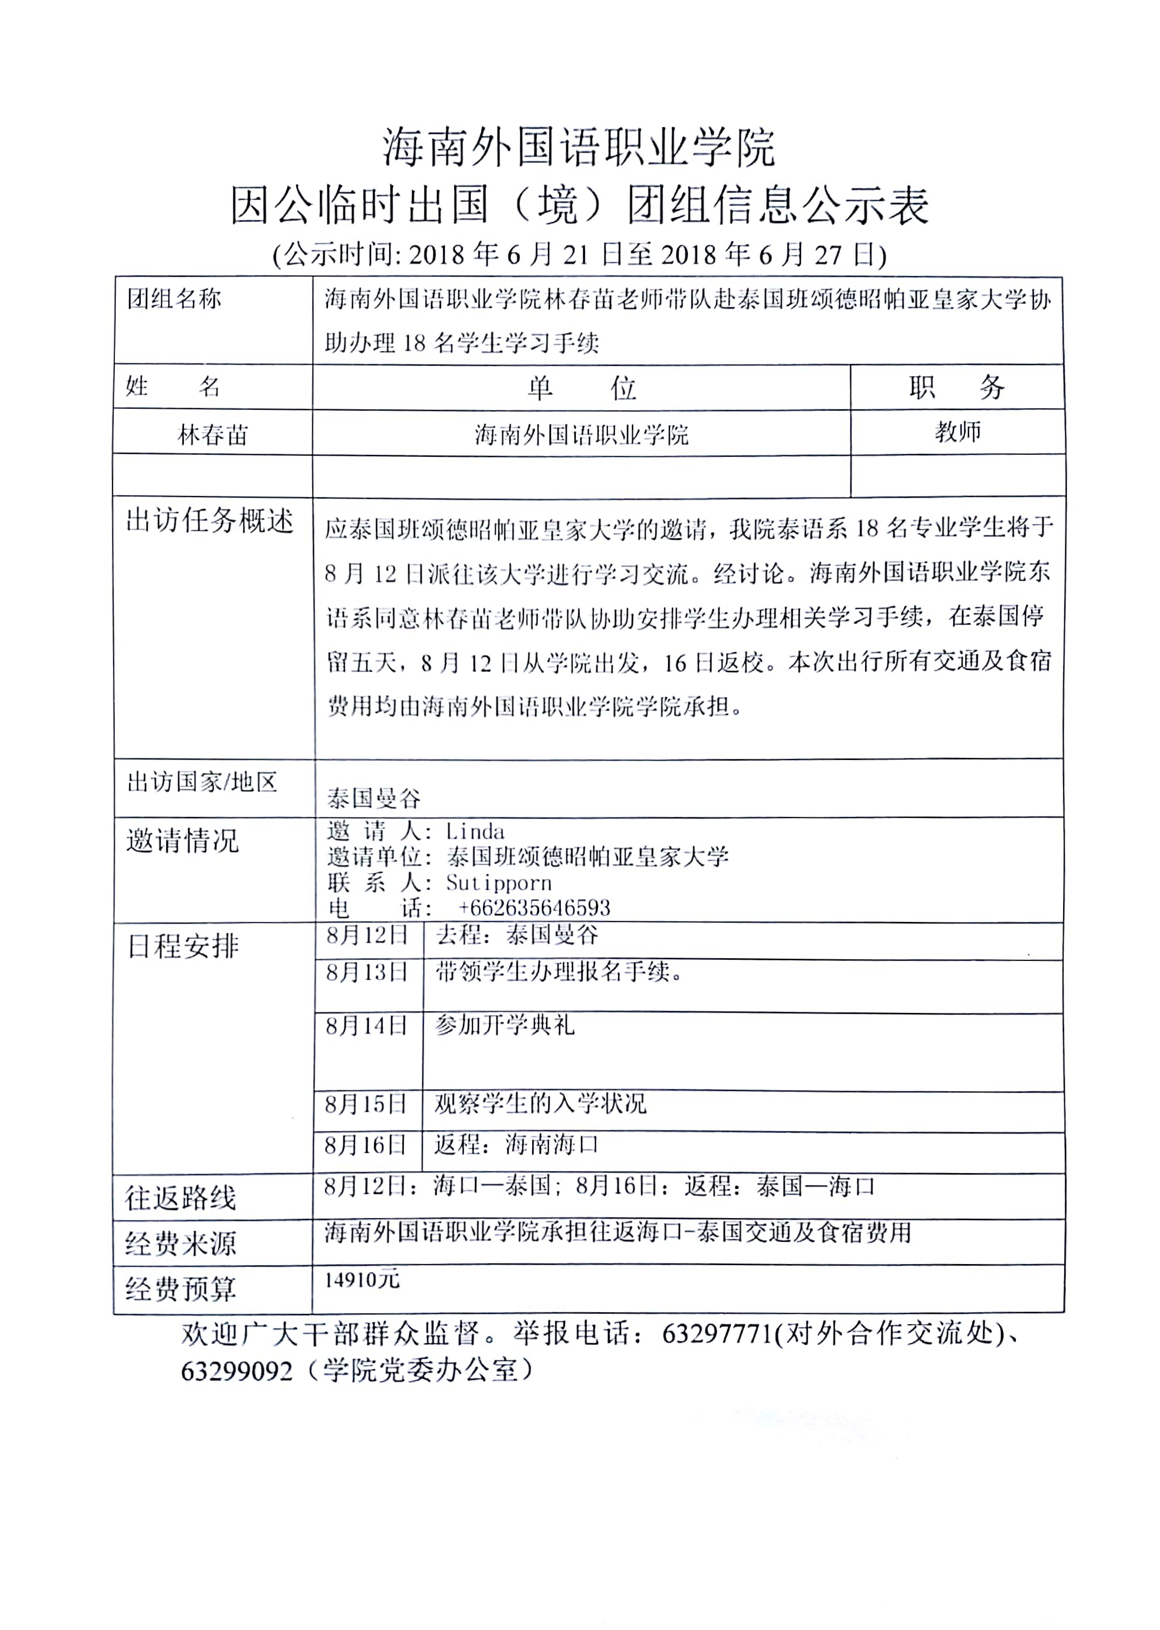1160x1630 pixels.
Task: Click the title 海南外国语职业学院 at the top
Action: [x=578, y=148]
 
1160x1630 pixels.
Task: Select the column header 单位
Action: [x=581, y=388]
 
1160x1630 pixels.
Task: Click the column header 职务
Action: [x=956, y=387]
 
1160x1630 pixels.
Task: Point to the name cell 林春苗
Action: [x=212, y=434]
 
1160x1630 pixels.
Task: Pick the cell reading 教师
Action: [x=957, y=431]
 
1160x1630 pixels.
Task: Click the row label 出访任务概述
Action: [x=209, y=521]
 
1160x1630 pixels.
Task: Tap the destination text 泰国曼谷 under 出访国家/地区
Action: [x=373, y=798]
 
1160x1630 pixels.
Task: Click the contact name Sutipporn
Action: [x=499, y=883]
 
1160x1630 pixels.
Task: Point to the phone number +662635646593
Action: [x=534, y=908]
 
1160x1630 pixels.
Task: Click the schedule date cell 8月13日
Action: [x=366, y=972]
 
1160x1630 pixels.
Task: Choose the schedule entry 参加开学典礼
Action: [x=504, y=1026]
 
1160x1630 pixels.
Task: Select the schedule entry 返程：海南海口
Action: [x=516, y=1145]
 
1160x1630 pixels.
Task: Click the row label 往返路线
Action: [x=180, y=1198]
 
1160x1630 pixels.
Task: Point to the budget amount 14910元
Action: [x=362, y=1280]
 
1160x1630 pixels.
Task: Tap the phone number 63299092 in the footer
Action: [x=237, y=1371]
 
